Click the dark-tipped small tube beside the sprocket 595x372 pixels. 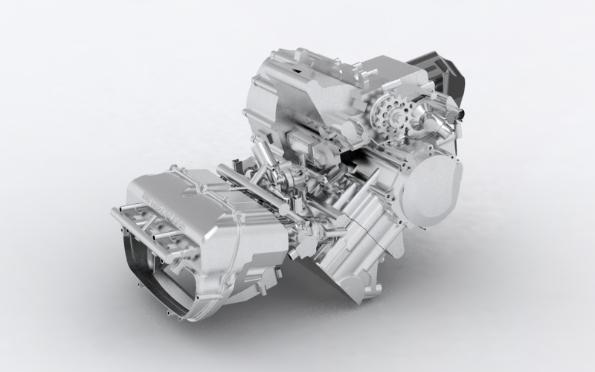(x=460, y=114)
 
